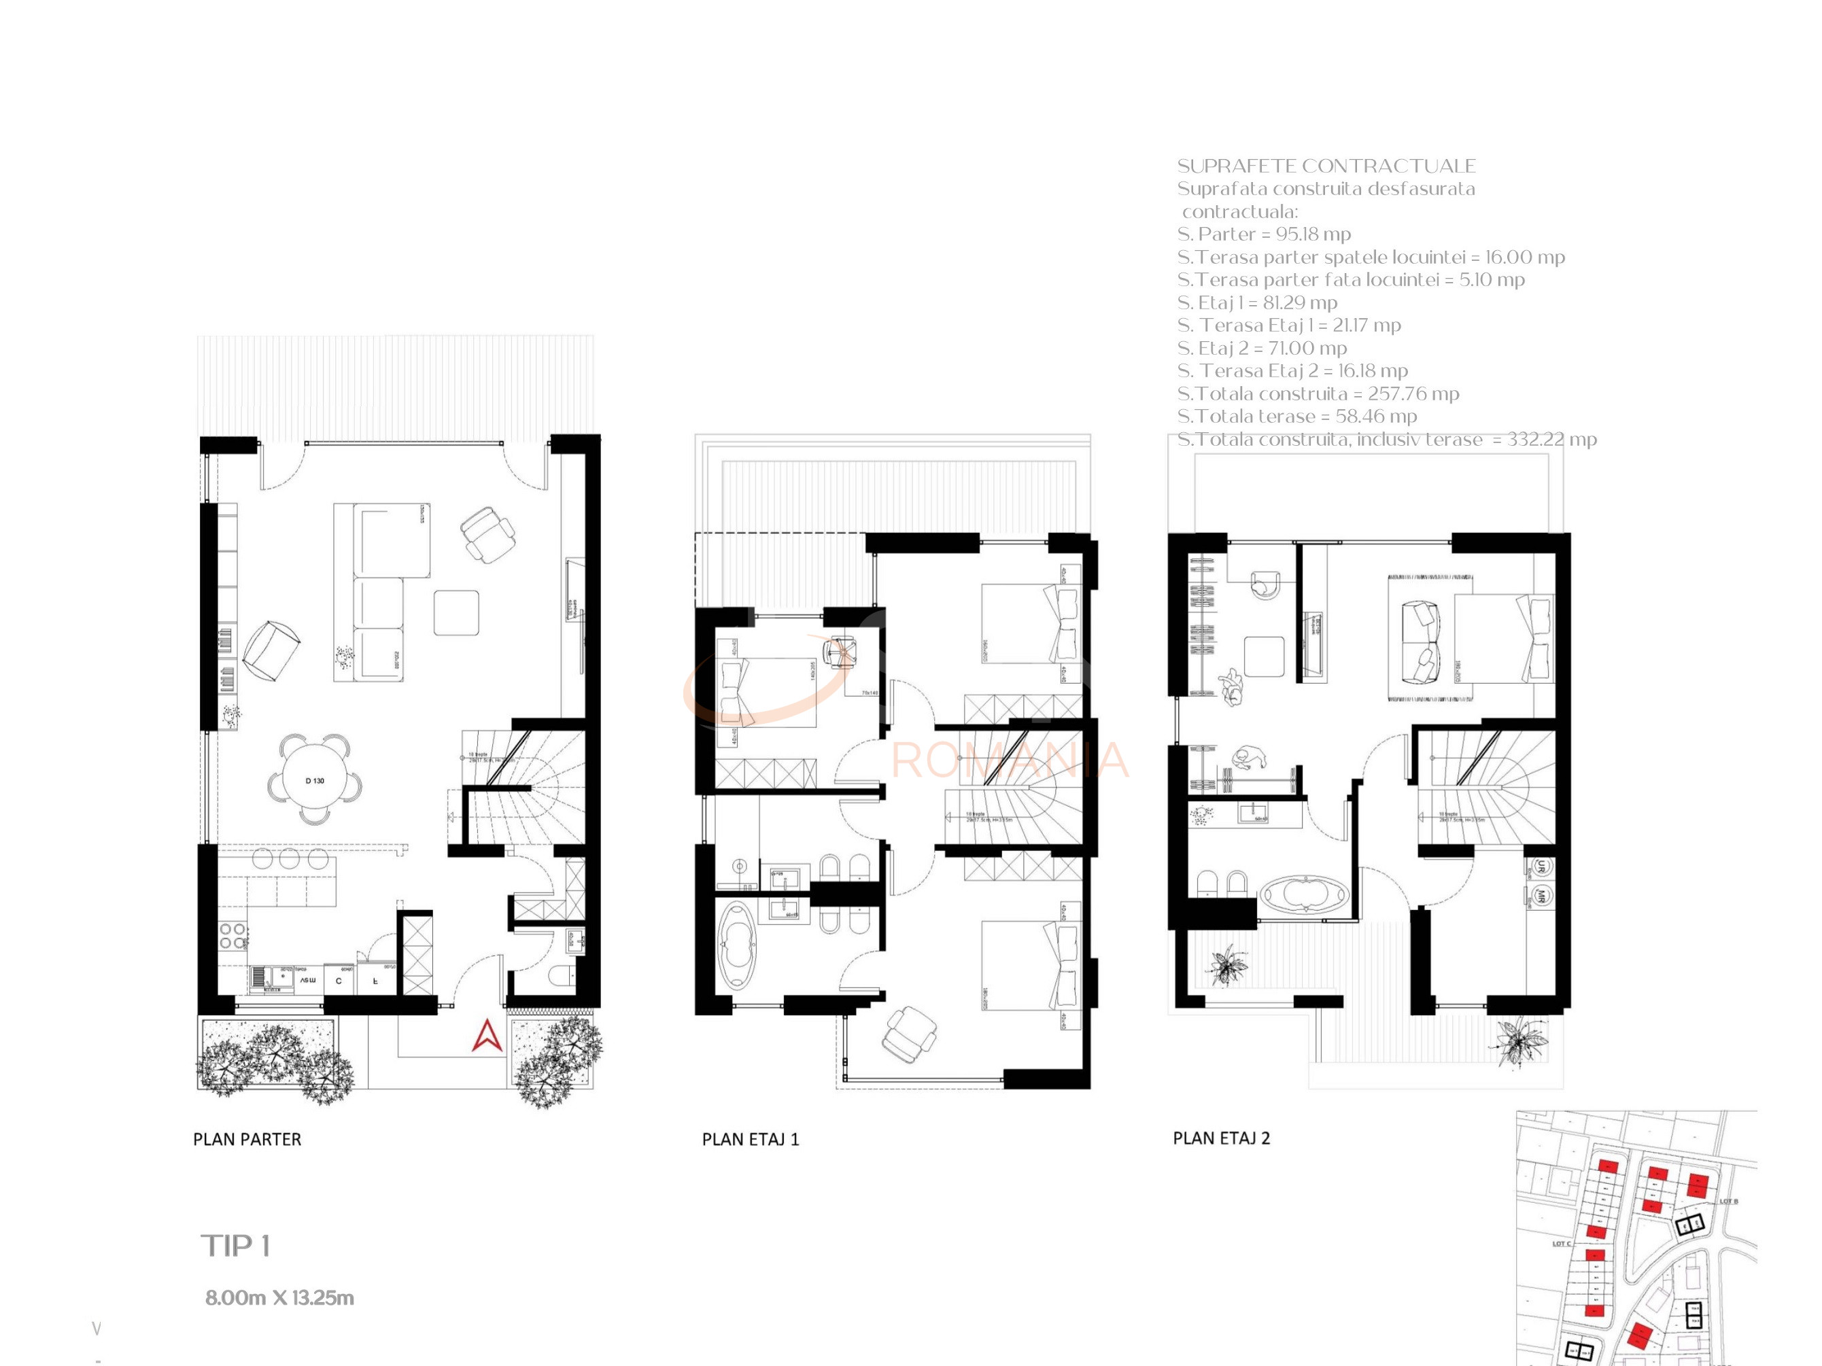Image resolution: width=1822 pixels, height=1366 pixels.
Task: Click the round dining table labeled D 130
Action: pos(315,779)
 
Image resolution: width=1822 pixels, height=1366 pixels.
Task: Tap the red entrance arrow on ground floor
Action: pos(487,1036)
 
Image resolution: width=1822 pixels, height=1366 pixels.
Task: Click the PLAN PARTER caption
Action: pos(247,1139)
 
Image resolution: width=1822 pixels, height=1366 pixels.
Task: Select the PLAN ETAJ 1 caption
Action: pos(751,1139)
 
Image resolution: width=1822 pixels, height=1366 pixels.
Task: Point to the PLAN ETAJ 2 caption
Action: pos(1221,1138)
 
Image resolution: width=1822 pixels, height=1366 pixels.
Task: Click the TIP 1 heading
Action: pos(236,1246)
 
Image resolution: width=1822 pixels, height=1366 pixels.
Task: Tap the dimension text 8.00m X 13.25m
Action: pos(279,1297)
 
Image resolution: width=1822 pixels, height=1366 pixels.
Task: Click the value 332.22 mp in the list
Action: pos(1552,439)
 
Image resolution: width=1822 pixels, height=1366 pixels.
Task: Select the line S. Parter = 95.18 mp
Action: pos(1264,234)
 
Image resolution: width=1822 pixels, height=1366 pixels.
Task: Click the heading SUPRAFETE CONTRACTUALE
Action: pos(1326,166)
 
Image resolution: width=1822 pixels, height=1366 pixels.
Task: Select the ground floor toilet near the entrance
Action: pos(563,974)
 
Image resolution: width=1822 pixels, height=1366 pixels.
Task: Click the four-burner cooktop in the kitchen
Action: pos(233,935)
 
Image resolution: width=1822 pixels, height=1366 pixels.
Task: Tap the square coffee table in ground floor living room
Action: pos(456,612)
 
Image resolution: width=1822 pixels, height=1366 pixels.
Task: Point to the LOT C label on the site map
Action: pos(1561,1243)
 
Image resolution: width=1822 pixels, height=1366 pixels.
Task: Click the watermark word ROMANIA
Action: pos(1009,760)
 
